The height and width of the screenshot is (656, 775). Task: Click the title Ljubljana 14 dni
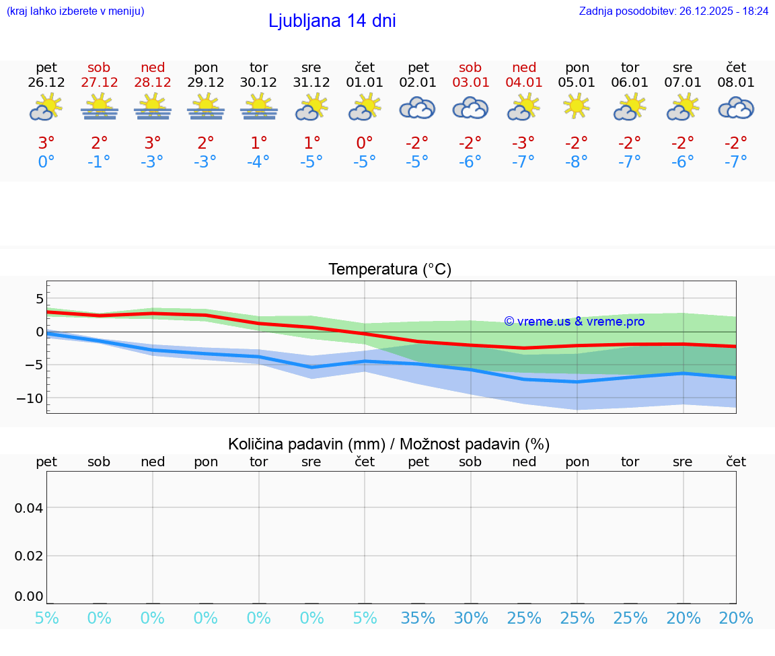point(332,21)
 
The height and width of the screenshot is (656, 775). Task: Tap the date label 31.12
point(311,83)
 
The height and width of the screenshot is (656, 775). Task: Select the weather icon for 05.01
point(577,106)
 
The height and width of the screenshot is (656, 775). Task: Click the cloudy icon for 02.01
point(418,108)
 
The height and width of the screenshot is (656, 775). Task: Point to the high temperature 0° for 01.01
point(365,143)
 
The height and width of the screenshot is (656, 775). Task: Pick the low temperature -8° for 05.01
point(577,161)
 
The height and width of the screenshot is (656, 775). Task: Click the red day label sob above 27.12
point(99,67)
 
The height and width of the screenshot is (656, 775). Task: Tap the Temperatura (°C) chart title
point(390,269)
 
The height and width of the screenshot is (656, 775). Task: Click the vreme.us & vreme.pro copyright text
point(575,322)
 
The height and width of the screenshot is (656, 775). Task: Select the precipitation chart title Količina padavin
point(389,444)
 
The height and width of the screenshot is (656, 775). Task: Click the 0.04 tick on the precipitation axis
point(29,507)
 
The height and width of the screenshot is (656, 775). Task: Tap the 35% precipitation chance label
point(418,618)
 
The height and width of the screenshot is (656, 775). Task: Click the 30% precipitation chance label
point(470,618)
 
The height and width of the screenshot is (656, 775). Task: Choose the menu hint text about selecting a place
point(75,11)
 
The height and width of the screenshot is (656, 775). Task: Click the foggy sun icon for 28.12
point(153,107)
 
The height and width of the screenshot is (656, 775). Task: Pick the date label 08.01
point(736,83)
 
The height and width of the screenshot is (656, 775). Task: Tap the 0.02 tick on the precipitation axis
point(29,555)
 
